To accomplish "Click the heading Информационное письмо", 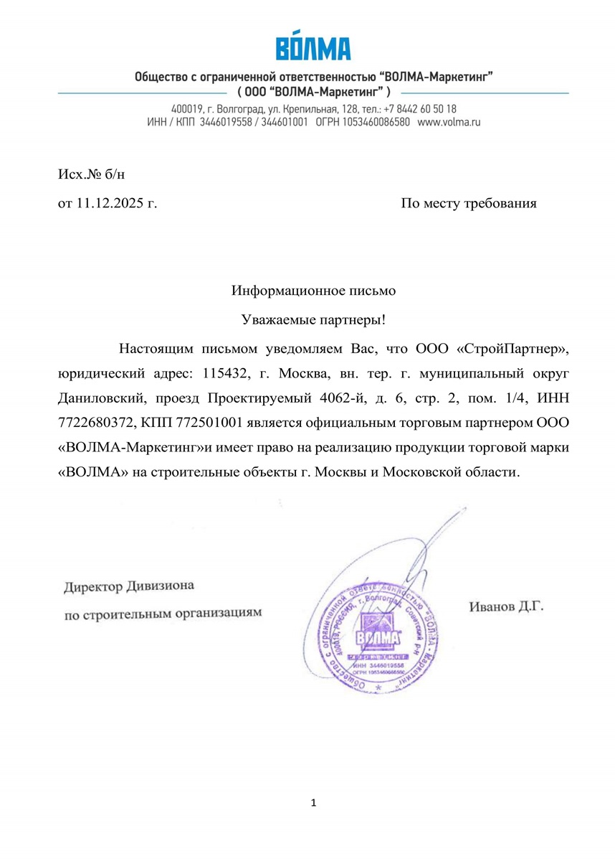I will coord(313,291).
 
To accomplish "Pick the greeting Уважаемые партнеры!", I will coord(313,319).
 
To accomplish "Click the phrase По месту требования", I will coord(468,203).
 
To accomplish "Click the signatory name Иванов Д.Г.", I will coord(506,607).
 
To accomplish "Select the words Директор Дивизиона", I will coord(128,586).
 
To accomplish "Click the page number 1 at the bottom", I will coord(313,802).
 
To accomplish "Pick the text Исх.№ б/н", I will coord(86,174).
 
